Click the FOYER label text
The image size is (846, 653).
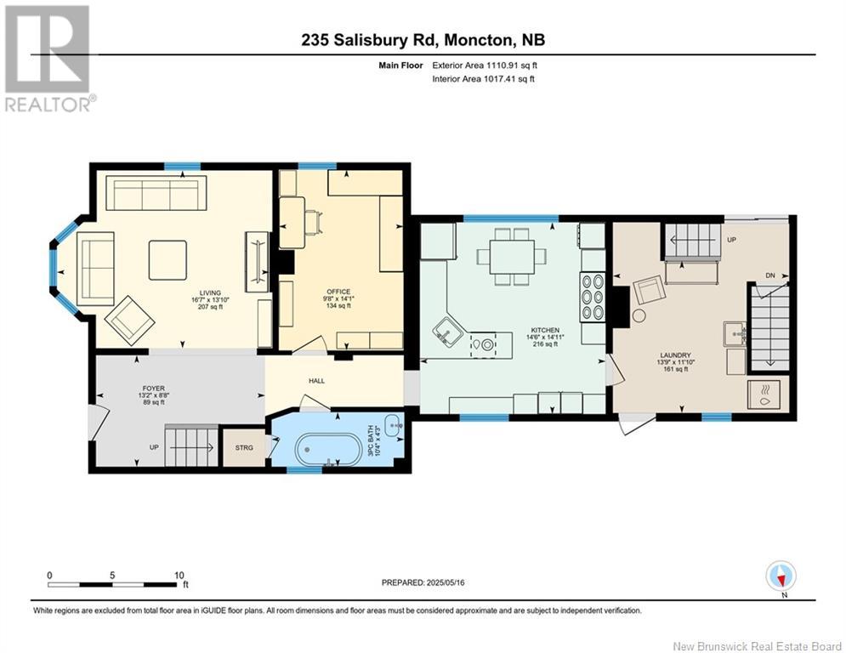tap(153, 388)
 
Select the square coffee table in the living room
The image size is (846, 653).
tap(167, 260)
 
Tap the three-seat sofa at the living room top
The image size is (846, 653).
tap(156, 194)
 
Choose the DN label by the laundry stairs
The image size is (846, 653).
tap(770, 275)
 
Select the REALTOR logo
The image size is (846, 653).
tap(48, 58)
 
